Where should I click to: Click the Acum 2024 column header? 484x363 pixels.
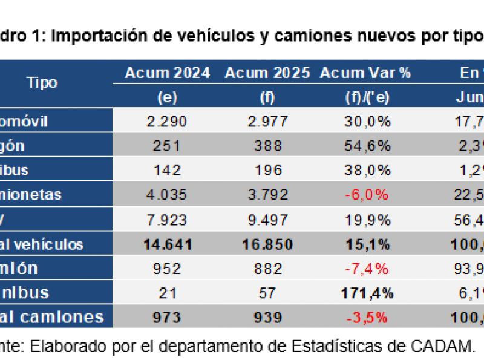click(x=167, y=73)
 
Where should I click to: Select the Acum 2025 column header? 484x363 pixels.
click(x=267, y=73)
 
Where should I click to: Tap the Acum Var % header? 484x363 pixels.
click(x=365, y=73)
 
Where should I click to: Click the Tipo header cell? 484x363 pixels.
click(x=42, y=83)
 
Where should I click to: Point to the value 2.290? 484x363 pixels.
click(x=167, y=122)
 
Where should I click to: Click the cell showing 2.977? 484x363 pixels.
click(x=267, y=122)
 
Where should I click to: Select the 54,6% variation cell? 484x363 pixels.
click(x=365, y=146)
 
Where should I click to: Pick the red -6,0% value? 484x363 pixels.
click(x=365, y=195)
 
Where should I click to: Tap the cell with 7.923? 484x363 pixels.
click(x=167, y=219)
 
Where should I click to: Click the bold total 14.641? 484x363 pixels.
click(x=167, y=244)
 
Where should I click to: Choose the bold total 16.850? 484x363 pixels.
click(x=267, y=244)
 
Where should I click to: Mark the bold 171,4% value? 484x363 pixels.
click(x=365, y=293)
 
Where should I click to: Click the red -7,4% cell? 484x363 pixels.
click(x=365, y=269)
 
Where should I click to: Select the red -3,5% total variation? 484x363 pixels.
click(x=365, y=318)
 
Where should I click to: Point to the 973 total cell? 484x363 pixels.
click(x=167, y=318)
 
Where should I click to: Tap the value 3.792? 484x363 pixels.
click(x=267, y=195)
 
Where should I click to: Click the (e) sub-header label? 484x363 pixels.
click(x=167, y=97)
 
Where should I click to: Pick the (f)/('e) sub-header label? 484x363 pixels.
click(x=365, y=97)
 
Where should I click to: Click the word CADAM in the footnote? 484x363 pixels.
click(x=442, y=347)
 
